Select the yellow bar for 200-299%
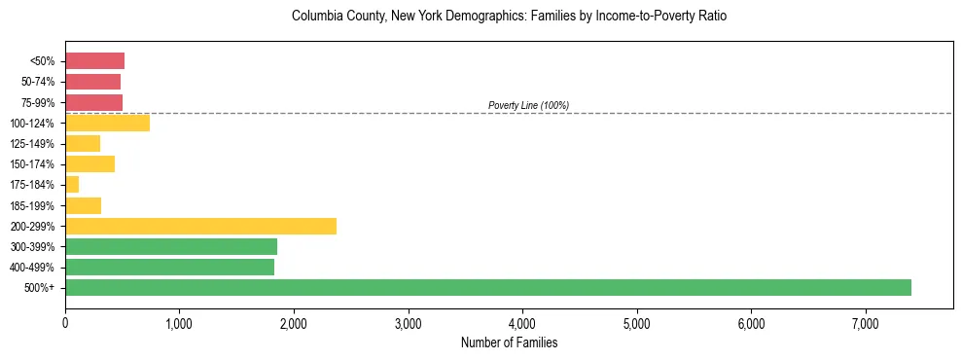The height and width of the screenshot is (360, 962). [x=200, y=226]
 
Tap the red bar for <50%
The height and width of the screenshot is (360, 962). [x=94, y=61]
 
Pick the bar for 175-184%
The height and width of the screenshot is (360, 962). [x=72, y=185]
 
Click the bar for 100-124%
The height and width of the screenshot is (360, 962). [x=107, y=123]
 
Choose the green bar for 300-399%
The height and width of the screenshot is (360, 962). [x=171, y=246]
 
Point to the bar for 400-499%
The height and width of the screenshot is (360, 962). [x=169, y=267]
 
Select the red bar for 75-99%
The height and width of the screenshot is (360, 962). [x=93, y=102]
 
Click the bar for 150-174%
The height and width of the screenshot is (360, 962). [x=89, y=163]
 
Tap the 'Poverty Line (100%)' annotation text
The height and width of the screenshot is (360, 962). [x=528, y=105]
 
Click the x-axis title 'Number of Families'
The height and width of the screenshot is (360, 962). [x=509, y=342]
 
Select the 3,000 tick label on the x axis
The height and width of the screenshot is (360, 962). [x=408, y=323]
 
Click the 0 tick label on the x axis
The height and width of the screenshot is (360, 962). [x=65, y=323]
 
